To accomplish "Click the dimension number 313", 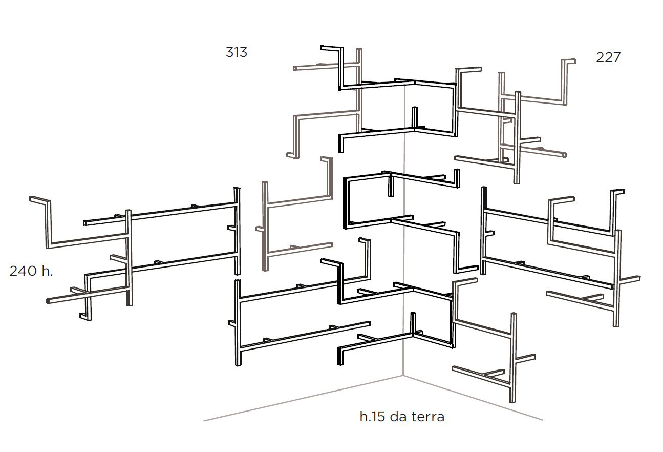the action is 236,52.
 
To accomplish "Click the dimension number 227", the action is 608,57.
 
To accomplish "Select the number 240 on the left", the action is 24,271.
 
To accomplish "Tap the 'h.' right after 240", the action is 47,271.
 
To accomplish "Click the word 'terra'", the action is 429,417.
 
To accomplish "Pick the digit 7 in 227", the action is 616,57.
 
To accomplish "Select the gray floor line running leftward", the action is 303,398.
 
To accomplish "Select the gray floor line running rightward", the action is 473,398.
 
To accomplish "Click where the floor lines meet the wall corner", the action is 403,376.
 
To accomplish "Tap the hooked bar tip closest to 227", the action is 574,61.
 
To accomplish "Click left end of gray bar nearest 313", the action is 294,68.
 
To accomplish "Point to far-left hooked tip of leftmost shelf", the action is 31,199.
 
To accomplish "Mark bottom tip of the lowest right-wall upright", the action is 512,401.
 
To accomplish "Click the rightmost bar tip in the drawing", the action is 639,278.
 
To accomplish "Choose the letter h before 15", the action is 363,417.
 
